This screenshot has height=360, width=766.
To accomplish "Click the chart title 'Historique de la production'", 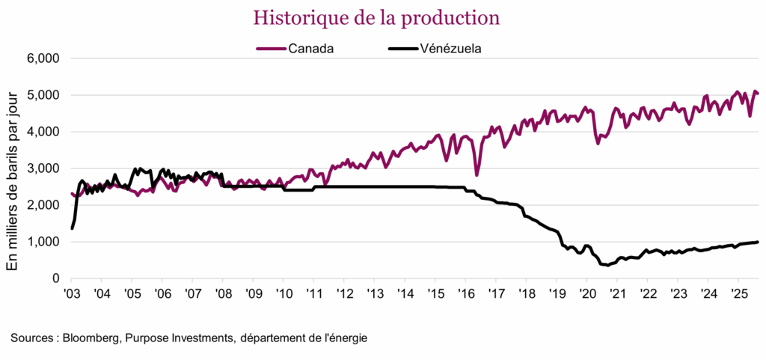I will click(x=376, y=16).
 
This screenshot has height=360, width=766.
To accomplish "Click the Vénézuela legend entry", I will click(x=433, y=49).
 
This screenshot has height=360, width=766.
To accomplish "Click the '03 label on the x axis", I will click(x=72, y=293).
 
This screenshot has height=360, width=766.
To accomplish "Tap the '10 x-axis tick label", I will click(x=284, y=293).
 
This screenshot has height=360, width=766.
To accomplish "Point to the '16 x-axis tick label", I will click(x=465, y=293).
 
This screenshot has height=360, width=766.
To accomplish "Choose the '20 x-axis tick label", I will click(x=586, y=293).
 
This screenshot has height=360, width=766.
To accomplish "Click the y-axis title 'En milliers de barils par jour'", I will click(x=13, y=168).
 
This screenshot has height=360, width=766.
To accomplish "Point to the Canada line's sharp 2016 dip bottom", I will click(x=477, y=175).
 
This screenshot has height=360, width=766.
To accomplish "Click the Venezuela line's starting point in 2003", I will click(x=72, y=228).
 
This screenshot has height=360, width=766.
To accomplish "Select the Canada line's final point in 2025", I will click(x=758, y=94).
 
